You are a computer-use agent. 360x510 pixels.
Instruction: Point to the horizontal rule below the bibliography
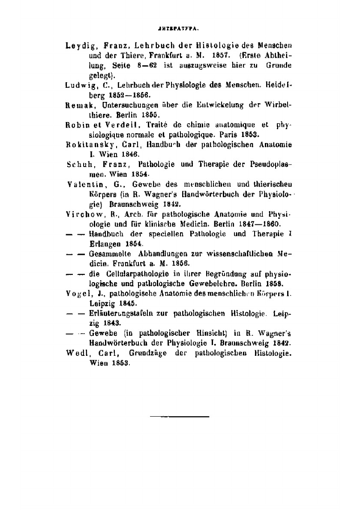click(x=180, y=416)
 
